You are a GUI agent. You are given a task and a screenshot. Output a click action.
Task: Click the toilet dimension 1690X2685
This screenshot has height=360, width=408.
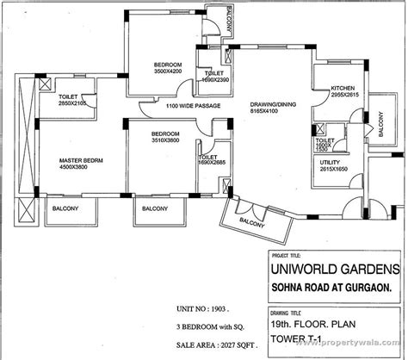213,164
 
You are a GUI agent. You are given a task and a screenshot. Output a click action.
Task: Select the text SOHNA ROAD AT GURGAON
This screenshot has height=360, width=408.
329,287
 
